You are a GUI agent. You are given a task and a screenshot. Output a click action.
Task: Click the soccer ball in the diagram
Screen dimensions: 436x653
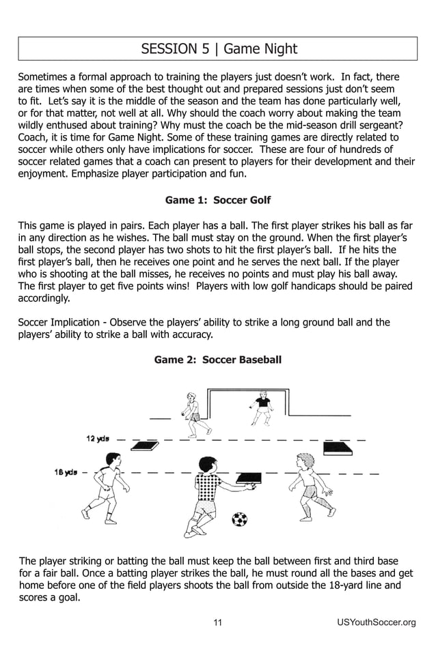point(239,519)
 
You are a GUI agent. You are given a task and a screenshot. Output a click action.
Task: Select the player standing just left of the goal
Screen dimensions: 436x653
point(192,413)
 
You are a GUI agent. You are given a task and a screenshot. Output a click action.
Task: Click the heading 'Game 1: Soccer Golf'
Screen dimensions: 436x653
point(218,200)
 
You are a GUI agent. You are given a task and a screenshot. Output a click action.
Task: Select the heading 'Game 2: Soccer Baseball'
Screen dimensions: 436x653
point(218,359)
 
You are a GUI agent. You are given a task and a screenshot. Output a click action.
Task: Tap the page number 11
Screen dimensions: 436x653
point(218,622)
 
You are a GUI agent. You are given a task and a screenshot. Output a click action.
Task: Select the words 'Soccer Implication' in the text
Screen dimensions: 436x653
point(57,322)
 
